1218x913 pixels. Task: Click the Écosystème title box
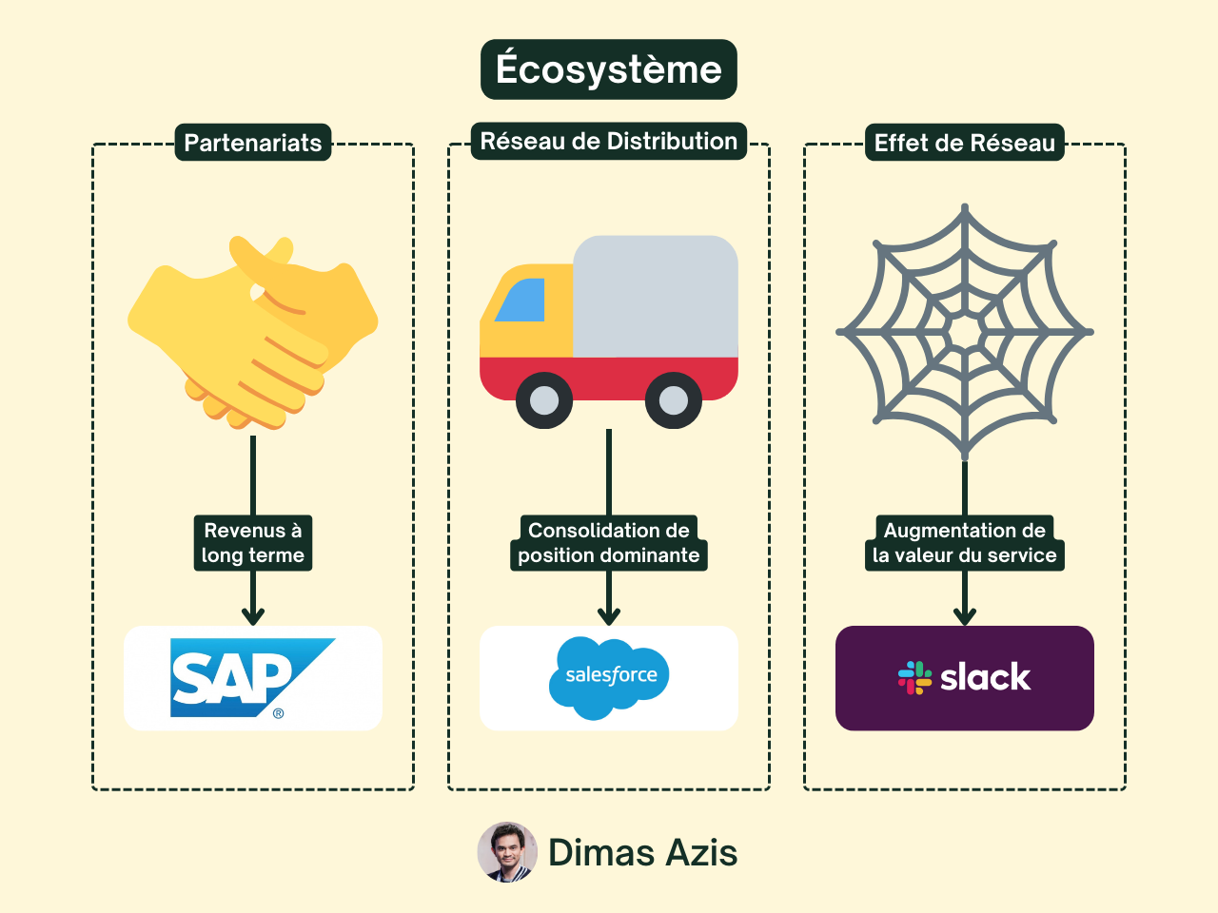pyautogui.click(x=609, y=69)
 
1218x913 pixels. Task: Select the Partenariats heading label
pyautogui.click(x=253, y=143)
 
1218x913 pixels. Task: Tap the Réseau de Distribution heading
pyautogui.click(x=609, y=141)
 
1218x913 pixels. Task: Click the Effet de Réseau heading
pyautogui.click(x=965, y=143)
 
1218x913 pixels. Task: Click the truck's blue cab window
pyautogui.click(x=522, y=301)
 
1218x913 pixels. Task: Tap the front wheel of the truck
pyautogui.click(x=544, y=400)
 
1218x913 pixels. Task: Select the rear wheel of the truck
pyautogui.click(x=674, y=400)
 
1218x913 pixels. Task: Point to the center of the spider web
pyautogui.click(x=965, y=332)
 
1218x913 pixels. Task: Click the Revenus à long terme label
pyautogui.click(x=253, y=543)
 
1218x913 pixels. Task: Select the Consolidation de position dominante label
pyautogui.click(x=609, y=543)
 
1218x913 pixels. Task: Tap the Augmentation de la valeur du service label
pyautogui.click(x=965, y=543)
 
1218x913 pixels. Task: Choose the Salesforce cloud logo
pyautogui.click(x=609, y=677)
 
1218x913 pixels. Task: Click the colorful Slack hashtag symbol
pyautogui.click(x=914, y=677)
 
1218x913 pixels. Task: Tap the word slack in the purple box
pyautogui.click(x=985, y=677)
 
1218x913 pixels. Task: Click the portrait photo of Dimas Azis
pyautogui.click(x=507, y=852)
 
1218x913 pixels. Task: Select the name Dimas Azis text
pyautogui.click(x=643, y=853)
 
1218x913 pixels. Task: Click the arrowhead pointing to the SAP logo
pyautogui.click(x=253, y=616)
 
